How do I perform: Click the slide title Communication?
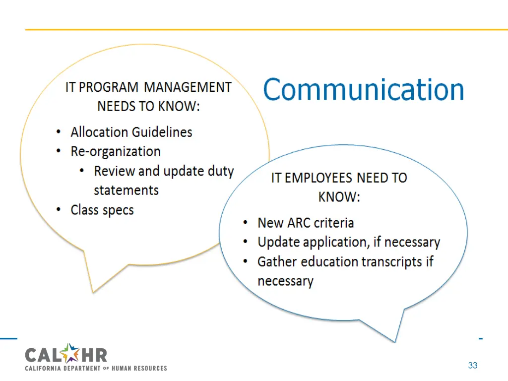click(363, 90)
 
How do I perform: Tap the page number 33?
click(472, 366)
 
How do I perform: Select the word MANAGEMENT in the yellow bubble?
click(188, 87)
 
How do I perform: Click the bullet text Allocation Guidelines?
click(131, 132)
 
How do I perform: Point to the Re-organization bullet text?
click(116, 151)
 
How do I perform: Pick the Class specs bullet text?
click(102, 210)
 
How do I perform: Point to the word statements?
click(126, 190)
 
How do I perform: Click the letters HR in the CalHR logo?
click(94, 355)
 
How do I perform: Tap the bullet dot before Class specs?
click(59, 210)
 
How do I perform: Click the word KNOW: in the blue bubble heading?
click(339, 197)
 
